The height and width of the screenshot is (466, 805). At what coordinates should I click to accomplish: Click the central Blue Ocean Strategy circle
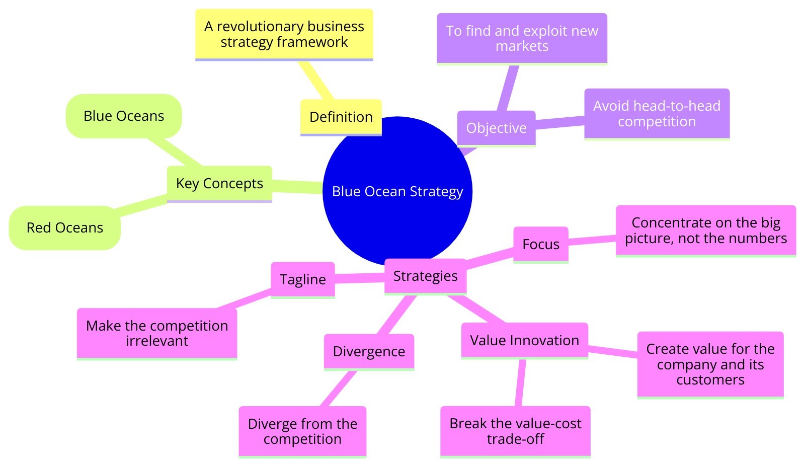(397, 191)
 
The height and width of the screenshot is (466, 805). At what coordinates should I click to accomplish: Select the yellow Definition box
(341, 117)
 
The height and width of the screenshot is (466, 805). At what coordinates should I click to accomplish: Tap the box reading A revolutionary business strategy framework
(284, 34)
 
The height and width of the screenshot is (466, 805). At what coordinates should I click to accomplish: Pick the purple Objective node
(496, 128)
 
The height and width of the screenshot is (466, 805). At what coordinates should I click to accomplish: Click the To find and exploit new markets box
(522, 39)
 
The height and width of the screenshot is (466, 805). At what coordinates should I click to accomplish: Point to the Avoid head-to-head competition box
(657, 114)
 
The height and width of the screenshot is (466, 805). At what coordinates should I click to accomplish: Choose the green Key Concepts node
(219, 184)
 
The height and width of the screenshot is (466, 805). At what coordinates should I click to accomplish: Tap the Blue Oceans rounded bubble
(124, 116)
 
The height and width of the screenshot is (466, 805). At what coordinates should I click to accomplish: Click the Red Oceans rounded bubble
(65, 228)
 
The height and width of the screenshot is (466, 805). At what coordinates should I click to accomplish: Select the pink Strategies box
(425, 276)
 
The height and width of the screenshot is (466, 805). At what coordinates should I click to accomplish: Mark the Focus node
(541, 245)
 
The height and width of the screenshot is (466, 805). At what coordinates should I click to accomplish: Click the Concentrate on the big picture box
(706, 230)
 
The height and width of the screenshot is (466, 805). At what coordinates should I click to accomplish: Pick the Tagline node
(303, 280)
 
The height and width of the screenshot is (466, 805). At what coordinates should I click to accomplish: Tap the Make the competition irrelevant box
(157, 334)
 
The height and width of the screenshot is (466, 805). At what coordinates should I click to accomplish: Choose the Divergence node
(369, 352)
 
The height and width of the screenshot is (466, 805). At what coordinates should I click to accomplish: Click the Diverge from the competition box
(302, 432)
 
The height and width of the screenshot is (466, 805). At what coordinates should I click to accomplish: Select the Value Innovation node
(524, 341)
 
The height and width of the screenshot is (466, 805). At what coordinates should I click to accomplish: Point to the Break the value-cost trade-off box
(515, 431)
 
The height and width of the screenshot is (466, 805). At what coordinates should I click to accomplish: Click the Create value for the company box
(710, 364)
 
